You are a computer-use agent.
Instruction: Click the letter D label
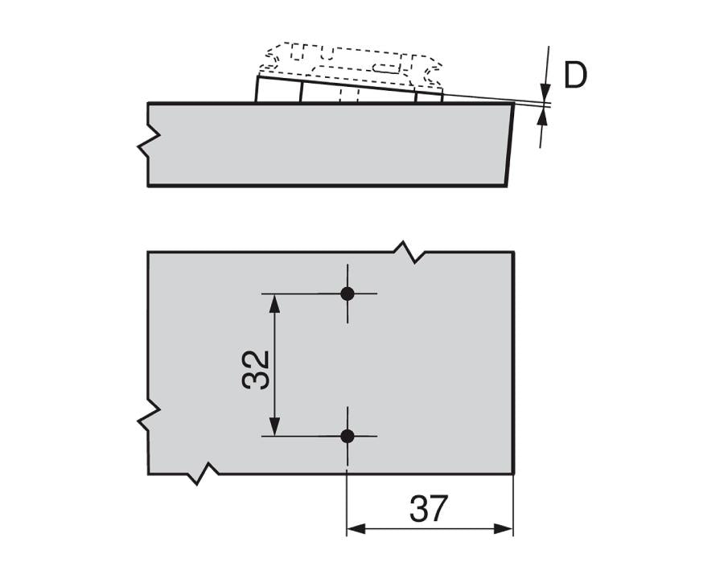pos(575,75)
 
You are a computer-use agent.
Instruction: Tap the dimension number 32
pos(256,369)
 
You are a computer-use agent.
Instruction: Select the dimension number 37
pos(429,508)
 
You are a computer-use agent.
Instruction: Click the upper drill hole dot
pos(348,294)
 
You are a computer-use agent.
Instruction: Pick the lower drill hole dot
pos(348,436)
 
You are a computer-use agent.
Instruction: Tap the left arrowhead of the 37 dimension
pos(356,528)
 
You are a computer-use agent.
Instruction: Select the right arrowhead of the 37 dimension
pos(504,528)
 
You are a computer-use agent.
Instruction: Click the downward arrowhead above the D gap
pos(545,92)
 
